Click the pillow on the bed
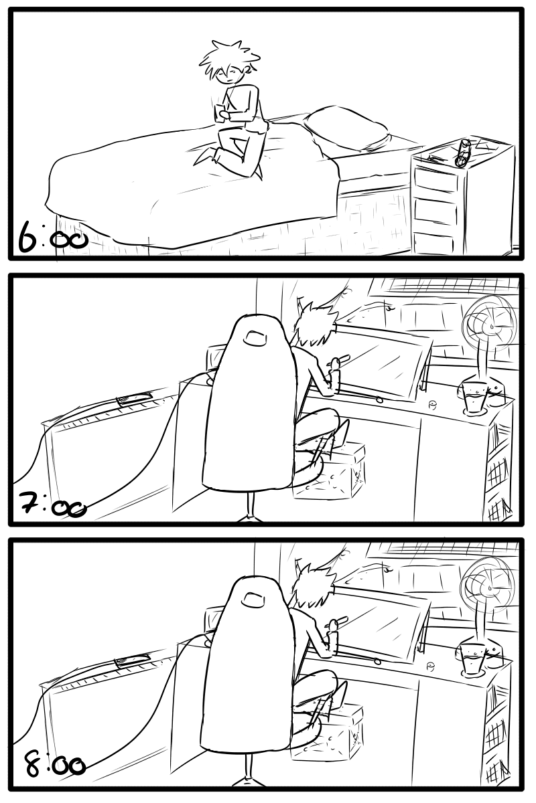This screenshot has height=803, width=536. [346, 127]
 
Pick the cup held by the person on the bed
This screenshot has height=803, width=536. [220, 112]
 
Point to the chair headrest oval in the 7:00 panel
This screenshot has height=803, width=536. [256, 339]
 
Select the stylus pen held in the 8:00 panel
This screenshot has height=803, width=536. [337, 624]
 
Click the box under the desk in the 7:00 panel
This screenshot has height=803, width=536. [328, 470]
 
